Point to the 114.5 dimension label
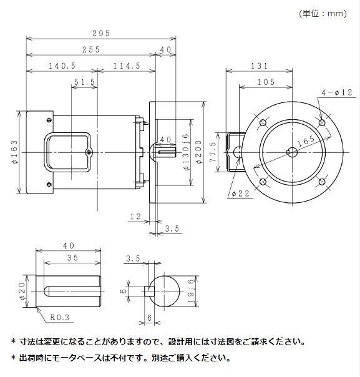127,66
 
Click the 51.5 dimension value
84,82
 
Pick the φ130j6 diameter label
185,153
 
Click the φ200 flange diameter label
199,153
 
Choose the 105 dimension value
266,82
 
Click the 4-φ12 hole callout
337,92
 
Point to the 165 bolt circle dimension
306,142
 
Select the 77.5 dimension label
213,152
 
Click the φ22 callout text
240,194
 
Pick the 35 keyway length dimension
72,257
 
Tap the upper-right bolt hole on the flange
321,124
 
